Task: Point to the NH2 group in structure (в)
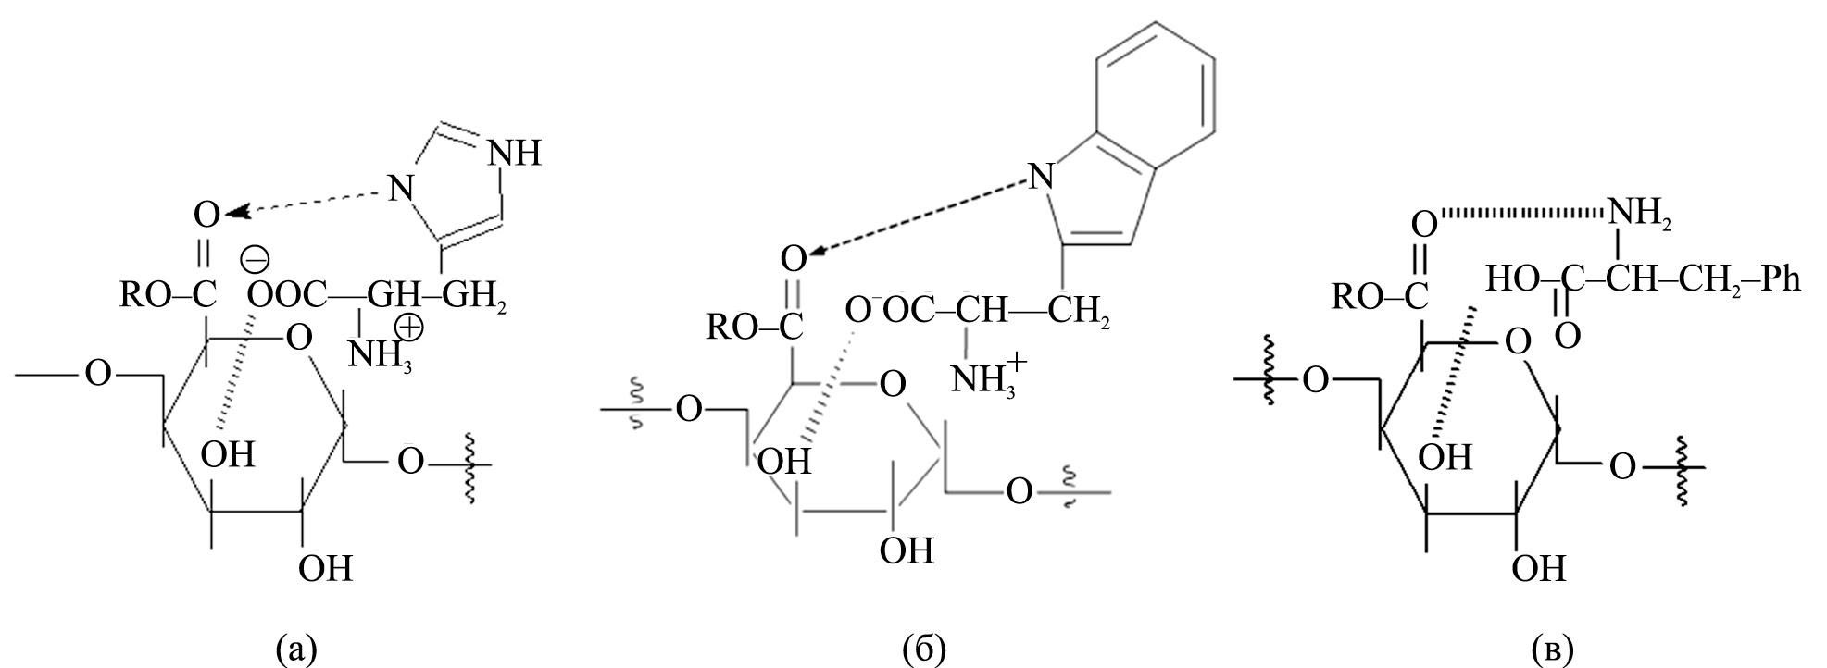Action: pyautogui.click(x=1634, y=213)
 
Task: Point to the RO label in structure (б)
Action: pyautogui.click(x=729, y=328)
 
